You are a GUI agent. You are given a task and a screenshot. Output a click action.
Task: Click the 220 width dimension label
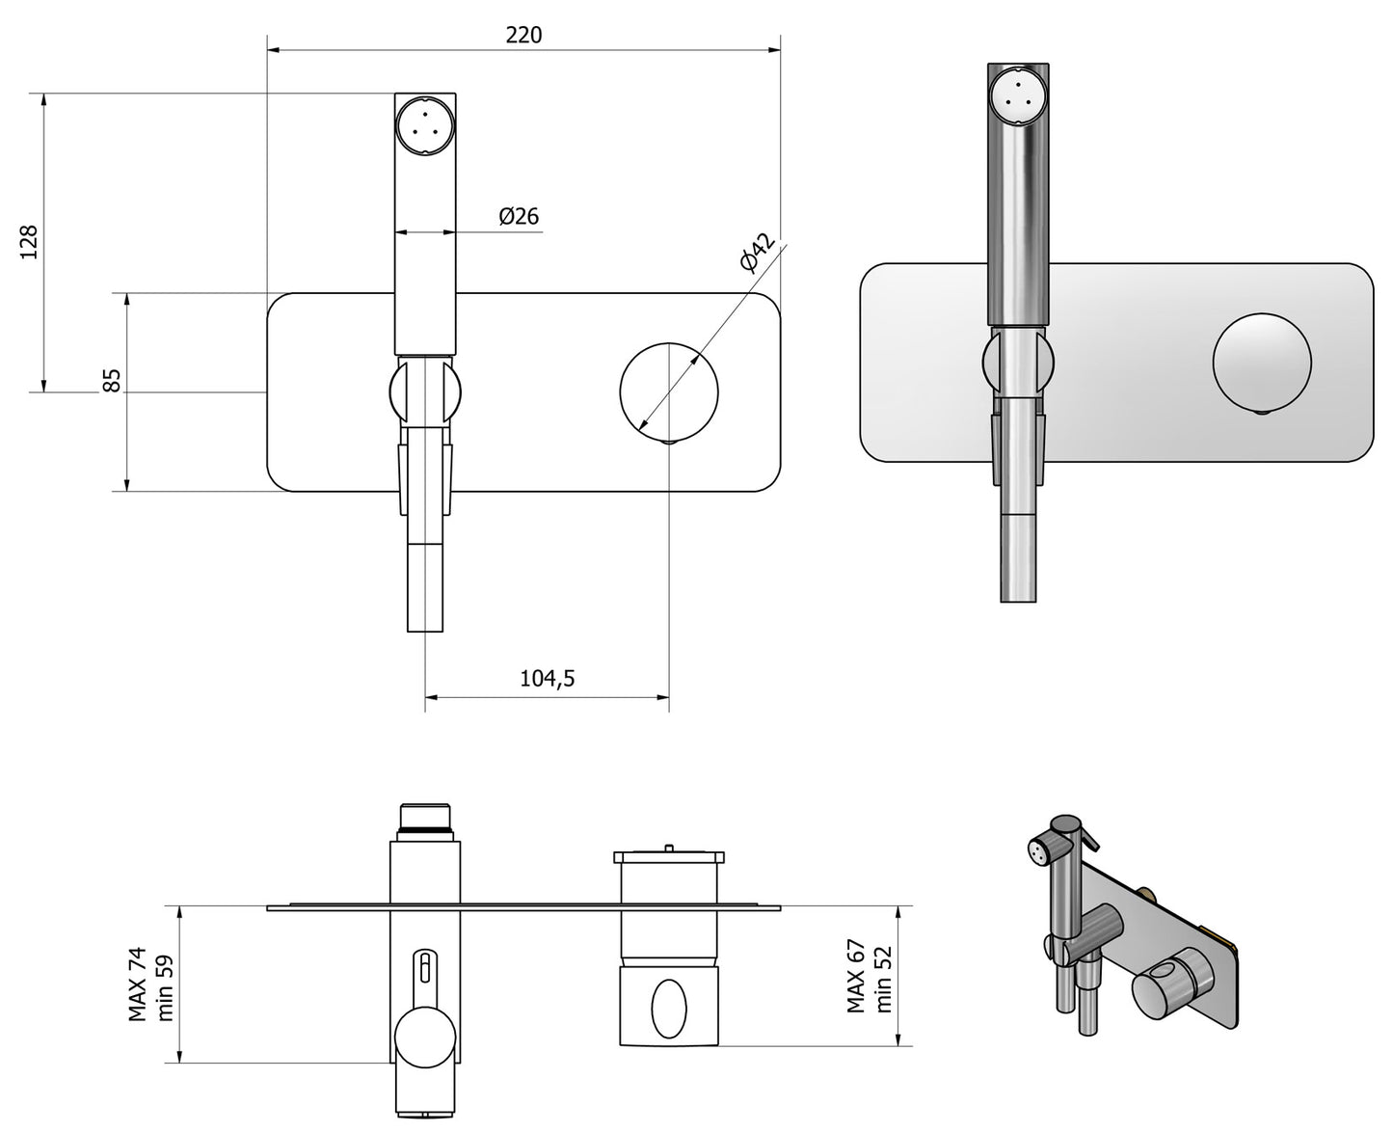point(523,35)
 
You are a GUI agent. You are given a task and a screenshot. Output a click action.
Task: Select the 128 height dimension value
point(29,242)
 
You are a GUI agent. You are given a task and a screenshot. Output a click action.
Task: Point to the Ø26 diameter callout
point(519,215)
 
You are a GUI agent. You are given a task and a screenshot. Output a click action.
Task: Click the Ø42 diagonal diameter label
point(757,253)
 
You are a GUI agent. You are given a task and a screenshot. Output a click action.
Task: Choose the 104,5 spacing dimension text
point(547,678)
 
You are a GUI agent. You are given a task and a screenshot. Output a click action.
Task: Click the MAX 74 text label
point(138,984)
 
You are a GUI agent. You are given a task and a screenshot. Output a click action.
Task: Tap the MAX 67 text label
point(855,977)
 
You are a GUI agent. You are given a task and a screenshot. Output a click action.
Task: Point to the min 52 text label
point(882,979)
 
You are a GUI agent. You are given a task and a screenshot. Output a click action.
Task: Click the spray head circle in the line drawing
point(424,125)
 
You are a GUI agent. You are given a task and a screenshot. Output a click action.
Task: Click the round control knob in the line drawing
point(668,390)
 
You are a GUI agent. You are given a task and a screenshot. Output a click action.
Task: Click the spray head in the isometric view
point(1039,850)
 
